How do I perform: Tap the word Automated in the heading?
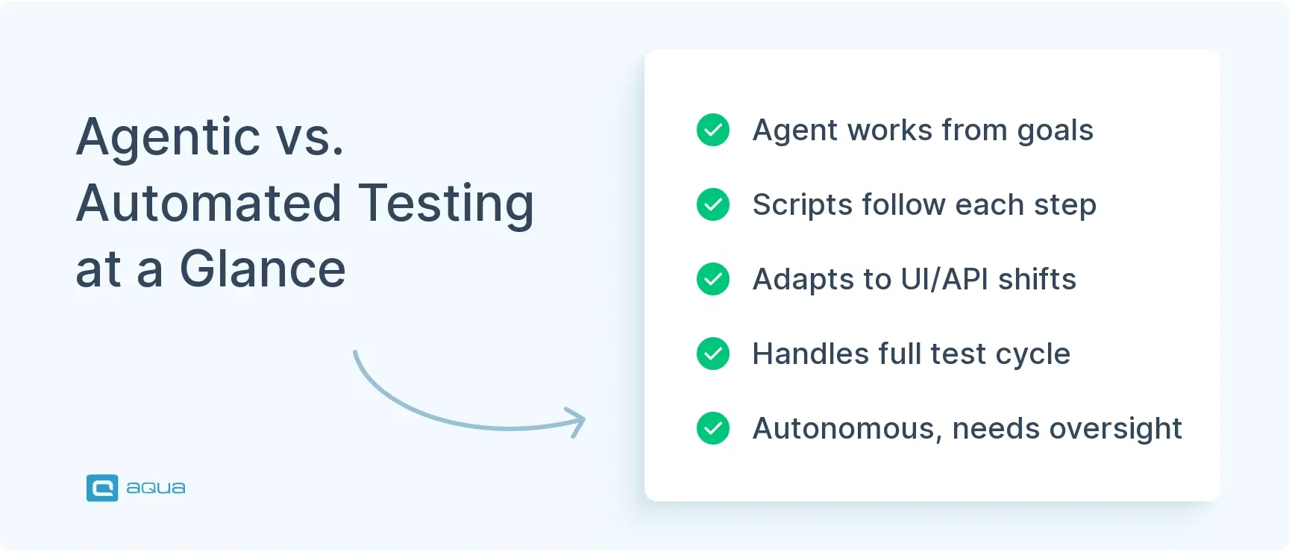tap(209, 203)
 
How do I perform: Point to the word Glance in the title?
tap(263, 269)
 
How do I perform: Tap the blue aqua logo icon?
tap(102, 488)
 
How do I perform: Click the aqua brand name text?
tap(156, 488)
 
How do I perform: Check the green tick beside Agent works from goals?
tap(713, 130)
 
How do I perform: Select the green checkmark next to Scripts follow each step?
tap(713, 204)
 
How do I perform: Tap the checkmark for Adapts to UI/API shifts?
tap(713, 279)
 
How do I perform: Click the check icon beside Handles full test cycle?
tap(713, 354)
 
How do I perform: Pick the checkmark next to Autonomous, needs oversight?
tap(713, 428)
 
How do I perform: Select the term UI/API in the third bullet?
tap(944, 279)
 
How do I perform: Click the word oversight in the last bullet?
tap(1115, 430)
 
